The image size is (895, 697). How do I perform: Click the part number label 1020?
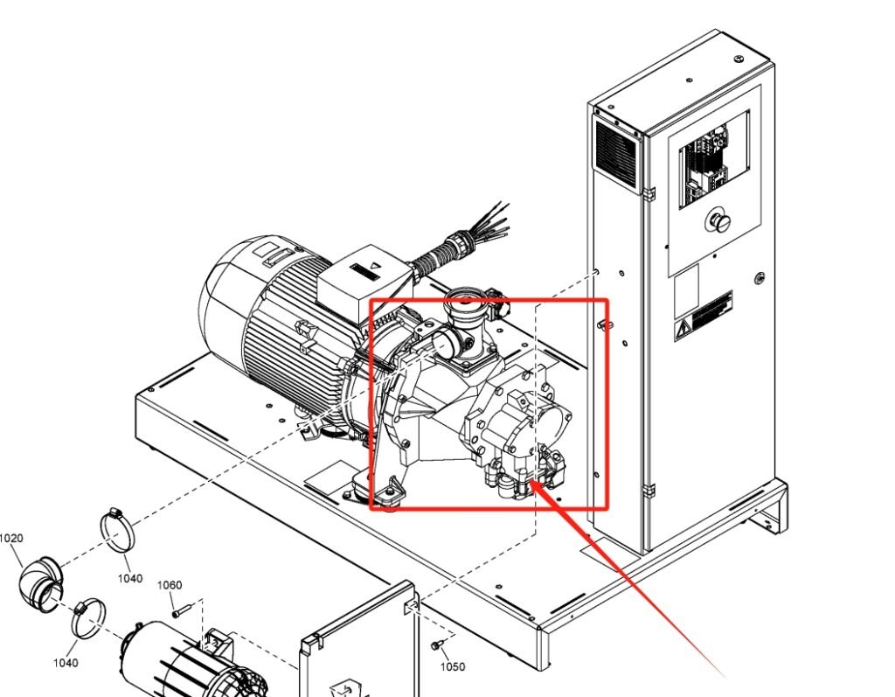[10, 539]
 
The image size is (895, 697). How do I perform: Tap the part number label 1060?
[170, 585]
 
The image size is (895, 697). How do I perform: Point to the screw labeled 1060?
[180, 611]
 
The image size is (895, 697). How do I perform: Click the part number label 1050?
[452, 667]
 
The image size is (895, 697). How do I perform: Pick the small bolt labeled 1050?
[436, 645]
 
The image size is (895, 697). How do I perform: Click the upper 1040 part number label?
[130, 579]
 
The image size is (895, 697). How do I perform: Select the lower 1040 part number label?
[65, 663]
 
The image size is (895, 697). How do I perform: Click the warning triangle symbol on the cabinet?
[682, 331]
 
